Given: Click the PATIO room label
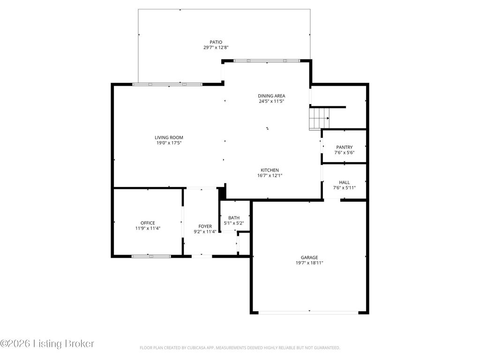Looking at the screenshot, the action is click(x=216, y=42).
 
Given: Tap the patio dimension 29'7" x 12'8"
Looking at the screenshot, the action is click(x=216, y=47).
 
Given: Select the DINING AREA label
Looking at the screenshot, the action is click(x=271, y=96).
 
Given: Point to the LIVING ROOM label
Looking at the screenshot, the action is click(x=169, y=137).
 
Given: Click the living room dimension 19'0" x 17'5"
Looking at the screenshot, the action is click(x=169, y=143).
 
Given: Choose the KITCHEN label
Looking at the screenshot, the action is click(x=270, y=170).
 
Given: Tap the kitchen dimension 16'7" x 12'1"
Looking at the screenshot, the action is click(x=270, y=176).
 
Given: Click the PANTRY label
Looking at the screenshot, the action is click(x=345, y=147).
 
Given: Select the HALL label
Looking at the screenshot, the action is click(x=345, y=182).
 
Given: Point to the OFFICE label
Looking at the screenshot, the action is click(x=148, y=223).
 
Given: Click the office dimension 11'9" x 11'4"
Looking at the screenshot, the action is click(x=148, y=228).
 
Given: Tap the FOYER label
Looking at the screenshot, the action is click(x=205, y=226).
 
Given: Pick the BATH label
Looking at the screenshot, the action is click(x=234, y=217).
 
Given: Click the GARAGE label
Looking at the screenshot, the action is click(x=309, y=257).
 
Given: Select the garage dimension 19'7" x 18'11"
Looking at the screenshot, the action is click(x=309, y=263).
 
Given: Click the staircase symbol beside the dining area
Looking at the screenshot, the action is click(x=319, y=119).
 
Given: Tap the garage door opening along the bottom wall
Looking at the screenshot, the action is click(x=308, y=313).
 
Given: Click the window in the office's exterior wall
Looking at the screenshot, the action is click(x=151, y=256).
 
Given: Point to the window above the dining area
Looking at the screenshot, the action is click(x=267, y=60).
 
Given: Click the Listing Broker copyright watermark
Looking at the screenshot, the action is click(x=47, y=344).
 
